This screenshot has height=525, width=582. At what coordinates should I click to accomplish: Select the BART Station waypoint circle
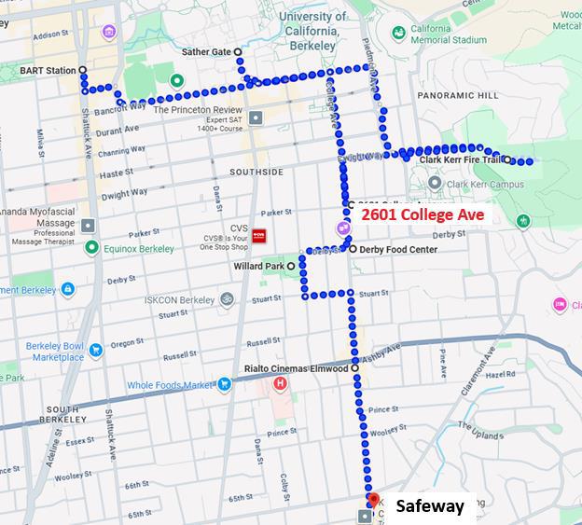coord(83,71)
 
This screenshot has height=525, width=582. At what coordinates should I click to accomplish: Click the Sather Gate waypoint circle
coord(238,52)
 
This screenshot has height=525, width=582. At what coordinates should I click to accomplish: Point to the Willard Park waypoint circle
coord(291,266)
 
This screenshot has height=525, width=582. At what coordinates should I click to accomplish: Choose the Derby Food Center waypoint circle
coord(352,249)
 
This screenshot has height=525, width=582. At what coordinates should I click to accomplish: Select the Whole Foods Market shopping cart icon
coord(224,384)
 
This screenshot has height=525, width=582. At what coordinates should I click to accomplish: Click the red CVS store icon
coord(261,237)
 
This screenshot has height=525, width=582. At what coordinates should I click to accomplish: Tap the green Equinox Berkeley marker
coord(91,248)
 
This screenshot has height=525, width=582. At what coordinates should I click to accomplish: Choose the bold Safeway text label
coord(430,506)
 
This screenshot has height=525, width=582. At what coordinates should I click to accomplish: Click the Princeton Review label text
coord(197,109)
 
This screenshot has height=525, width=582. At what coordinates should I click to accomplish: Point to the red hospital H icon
coord(279,383)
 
